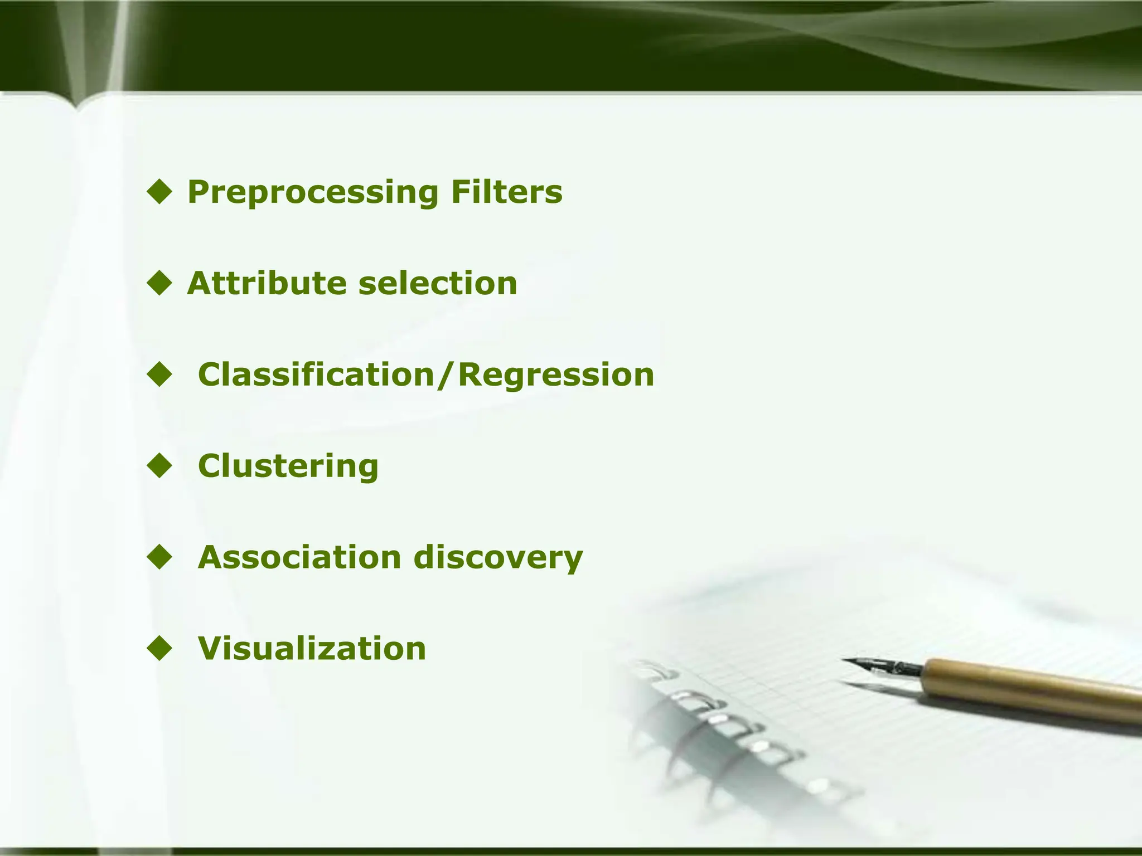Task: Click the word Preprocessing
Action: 312,193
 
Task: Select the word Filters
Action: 506,192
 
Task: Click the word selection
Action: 438,283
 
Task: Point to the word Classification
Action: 316,374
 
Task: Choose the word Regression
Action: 555,374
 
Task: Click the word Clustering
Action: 288,466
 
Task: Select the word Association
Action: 299,557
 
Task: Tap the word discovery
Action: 498,557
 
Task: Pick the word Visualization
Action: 312,649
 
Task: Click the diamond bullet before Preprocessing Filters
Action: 160,192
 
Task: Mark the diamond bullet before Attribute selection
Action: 160,283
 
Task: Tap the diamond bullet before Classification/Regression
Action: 160,374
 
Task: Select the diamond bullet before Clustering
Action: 160,466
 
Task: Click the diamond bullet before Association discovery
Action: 160,557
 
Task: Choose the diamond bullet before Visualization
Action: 160,649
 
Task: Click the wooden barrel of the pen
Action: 1032,688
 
